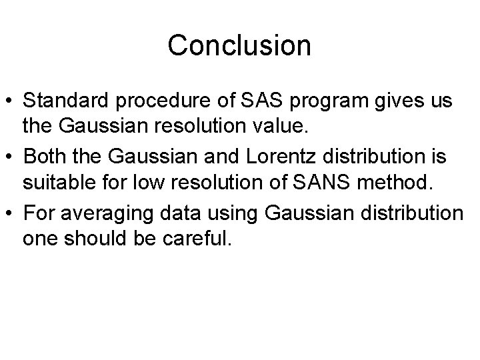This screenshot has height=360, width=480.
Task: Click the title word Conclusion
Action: [239, 46]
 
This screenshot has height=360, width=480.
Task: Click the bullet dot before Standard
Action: [10, 102]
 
